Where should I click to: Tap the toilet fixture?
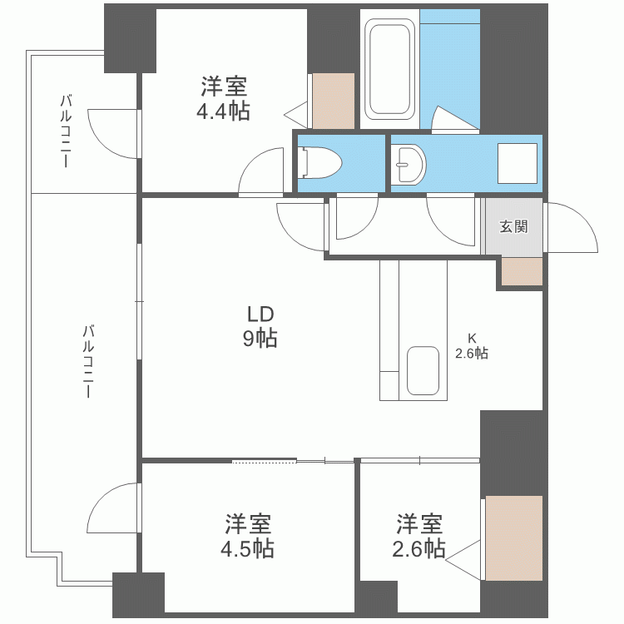click(321, 162)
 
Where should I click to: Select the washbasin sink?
click(409, 164)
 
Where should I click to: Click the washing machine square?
click(517, 163)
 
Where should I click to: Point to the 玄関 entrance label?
click(513, 226)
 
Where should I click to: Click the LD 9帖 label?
click(260, 326)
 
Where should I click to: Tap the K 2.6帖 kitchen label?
click(472, 347)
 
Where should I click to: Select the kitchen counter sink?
click(423, 370)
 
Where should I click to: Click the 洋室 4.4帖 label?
click(223, 98)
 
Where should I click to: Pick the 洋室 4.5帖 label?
click(248, 536)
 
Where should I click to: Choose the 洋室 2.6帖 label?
click(418, 536)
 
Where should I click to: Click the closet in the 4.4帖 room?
click(334, 101)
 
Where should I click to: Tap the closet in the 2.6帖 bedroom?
click(514, 538)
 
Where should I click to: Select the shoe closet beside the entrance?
click(522, 271)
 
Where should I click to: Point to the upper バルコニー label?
click(66, 131)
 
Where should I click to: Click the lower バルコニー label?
click(88, 361)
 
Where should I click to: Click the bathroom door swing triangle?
click(453, 118)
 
